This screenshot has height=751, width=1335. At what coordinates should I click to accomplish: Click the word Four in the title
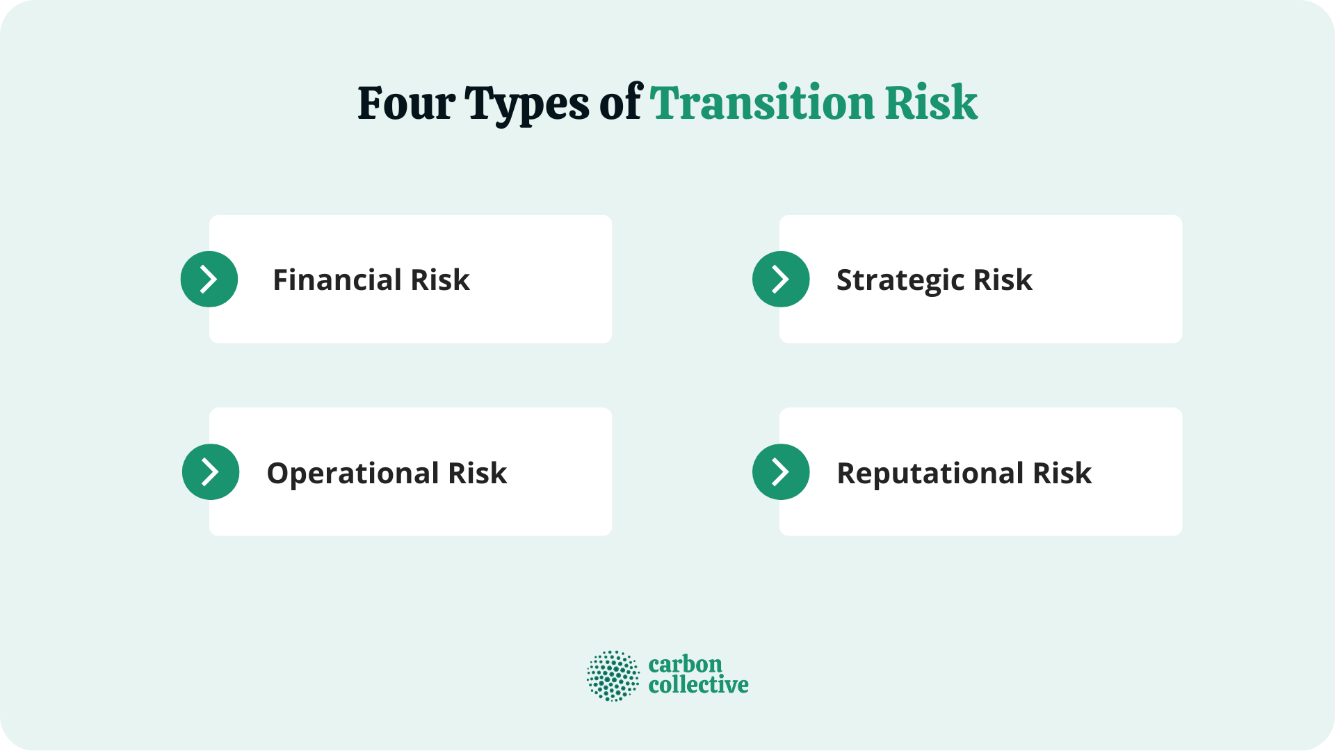(x=406, y=103)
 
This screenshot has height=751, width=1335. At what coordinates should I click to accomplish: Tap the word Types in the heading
(x=527, y=104)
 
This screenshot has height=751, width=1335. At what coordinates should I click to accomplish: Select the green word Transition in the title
(x=762, y=103)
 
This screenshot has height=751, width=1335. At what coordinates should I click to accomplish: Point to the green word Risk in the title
(x=931, y=103)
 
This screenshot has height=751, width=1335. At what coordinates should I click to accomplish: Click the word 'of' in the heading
(x=621, y=103)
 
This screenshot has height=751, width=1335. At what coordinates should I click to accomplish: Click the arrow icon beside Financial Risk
(x=209, y=279)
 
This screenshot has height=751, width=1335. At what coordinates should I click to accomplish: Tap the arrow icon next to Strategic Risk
(x=781, y=279)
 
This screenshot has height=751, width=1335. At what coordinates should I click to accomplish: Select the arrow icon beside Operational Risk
(x=211, y=471)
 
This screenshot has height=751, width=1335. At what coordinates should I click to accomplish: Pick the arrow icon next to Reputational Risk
(x=781, y=471)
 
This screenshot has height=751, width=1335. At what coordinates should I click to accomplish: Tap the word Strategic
(x=900, y=280)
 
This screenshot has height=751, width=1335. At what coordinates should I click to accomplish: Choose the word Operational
(x=353, y=474)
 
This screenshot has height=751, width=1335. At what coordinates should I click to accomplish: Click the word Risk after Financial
(x=440, y=280)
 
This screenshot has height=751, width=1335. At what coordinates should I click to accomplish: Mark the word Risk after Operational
(x=477, y=473)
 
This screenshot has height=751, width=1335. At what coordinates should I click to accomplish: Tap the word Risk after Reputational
(x=1062, y=473)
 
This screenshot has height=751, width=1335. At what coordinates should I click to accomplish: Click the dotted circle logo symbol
(x=613, y=675)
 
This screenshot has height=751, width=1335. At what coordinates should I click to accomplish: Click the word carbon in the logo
(x=685, y=664)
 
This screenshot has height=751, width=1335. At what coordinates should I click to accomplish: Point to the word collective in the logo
(x=698, y=685)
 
